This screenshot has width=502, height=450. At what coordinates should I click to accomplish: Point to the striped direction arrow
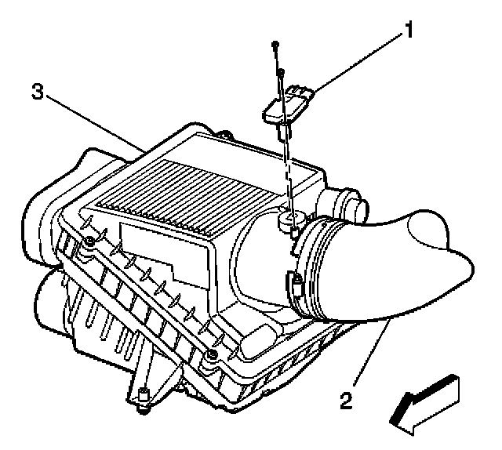pyautogui.click(x=425, y=401)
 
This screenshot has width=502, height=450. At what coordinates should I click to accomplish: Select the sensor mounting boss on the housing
pyautogui.click(x=289, y=221)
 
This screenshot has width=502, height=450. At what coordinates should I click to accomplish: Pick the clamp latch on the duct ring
pyautogui.click(x=297, y=283)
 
